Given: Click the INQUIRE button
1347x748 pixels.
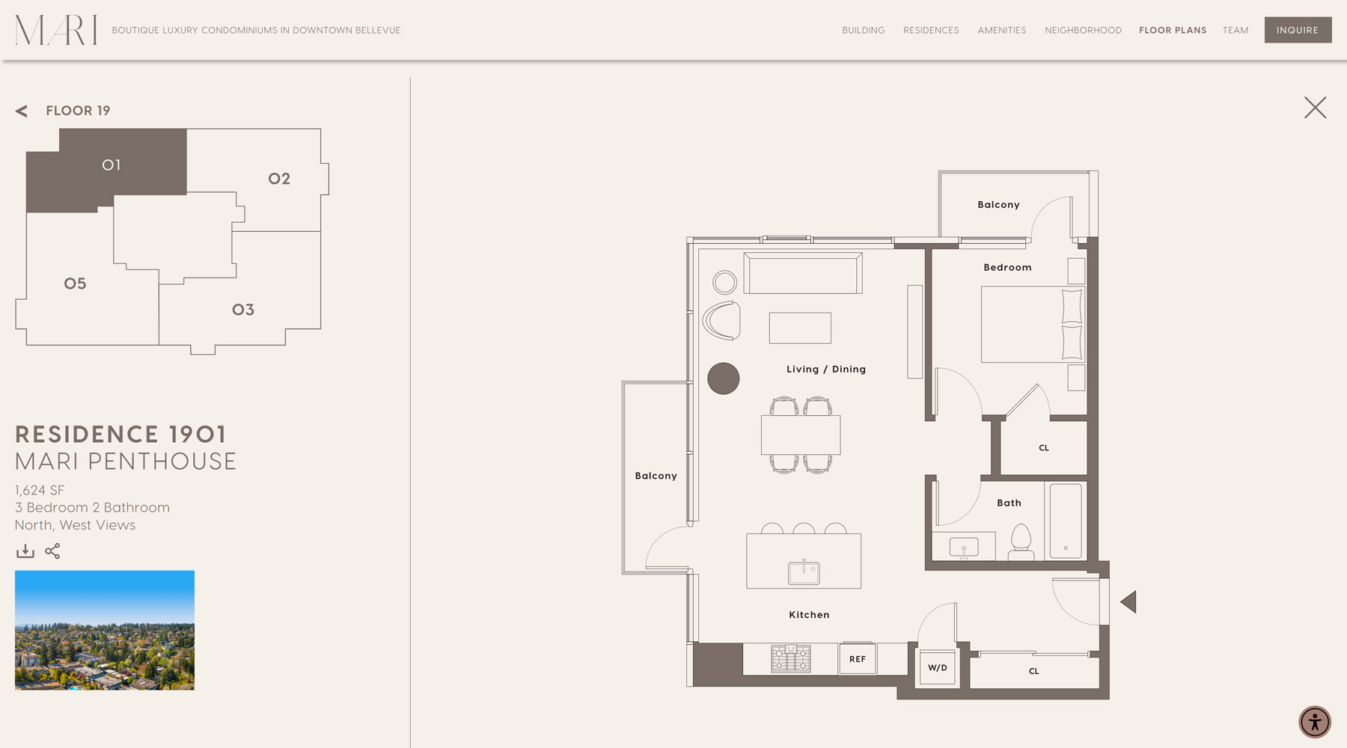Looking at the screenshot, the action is tap(1298, 30).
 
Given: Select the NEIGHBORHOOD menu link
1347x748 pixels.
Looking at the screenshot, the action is tap(1083, 31).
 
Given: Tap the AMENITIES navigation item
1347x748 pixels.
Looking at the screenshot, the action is tap(1001, 31).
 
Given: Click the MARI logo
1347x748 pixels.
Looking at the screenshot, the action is tap(56, 31).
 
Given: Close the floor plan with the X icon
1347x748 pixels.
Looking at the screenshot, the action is tap(1315, 108).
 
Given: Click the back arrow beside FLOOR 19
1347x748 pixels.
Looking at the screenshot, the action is tap(22, 111).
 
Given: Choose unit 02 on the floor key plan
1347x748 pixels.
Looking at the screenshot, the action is tap(279, 179).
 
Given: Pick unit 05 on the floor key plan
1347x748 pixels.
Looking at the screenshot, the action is tap(75, 283).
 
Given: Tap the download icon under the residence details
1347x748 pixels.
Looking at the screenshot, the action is tap(25, 551).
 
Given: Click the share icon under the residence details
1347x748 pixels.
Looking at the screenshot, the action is tap(52, 551).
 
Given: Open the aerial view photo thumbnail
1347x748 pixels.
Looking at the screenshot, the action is tap(105, 630).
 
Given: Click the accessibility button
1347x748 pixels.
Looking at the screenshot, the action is tap(1315, 722).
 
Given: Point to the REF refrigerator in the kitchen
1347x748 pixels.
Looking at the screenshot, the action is tap(858, 659).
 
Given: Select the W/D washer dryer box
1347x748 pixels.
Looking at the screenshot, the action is tap(938, 667).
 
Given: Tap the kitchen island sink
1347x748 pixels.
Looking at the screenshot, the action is tap(804, 572).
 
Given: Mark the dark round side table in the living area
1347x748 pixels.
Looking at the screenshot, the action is tap(724, 378).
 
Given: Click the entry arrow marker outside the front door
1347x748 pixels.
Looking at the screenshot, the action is tap(1128, 602).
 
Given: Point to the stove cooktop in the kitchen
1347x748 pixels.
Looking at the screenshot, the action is tap(791, 659).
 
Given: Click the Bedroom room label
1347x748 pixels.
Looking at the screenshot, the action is tap(1007, 267).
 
